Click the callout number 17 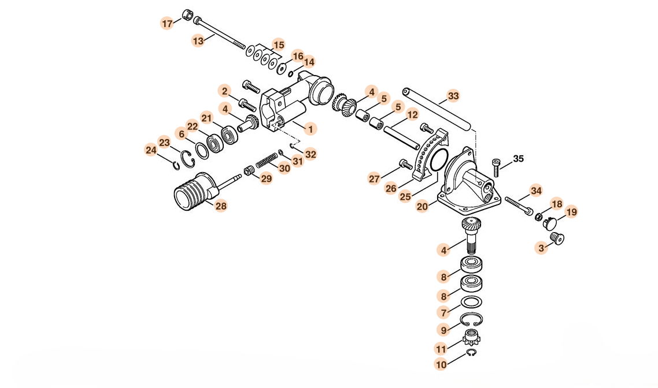(x=167, y=24)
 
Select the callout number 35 (x=518, y=159)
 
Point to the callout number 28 (x=221, y=206)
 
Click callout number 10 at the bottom (x=441, y=364)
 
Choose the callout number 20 (x=422, y=205)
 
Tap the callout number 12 (x=412, y=115)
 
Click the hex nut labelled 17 (x=187, y=15)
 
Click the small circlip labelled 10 (x=472, y=353)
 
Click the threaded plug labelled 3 (x=557, y=238)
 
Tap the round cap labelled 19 (x=550, y=221)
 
